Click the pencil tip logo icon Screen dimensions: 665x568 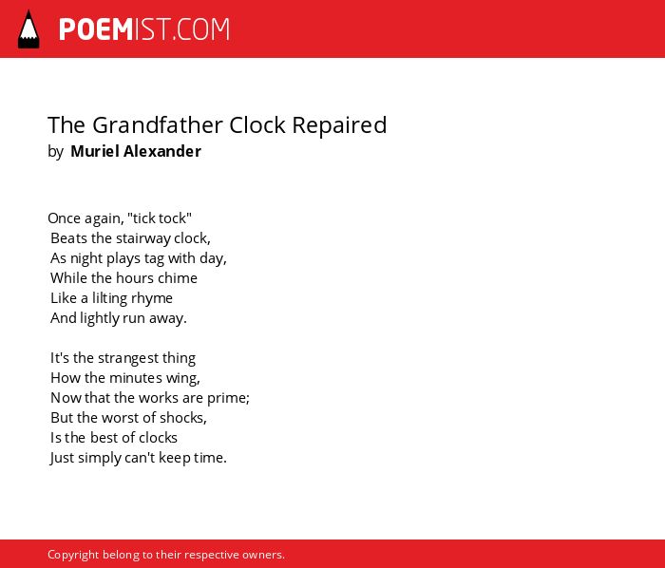point(28,29)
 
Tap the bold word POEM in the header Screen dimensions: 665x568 point(96,29)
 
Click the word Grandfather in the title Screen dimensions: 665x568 point(158,125)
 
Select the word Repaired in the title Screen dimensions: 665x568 point(339,125)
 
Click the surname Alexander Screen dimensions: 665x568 point(162,151)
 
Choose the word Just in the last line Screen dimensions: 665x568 point(63,458)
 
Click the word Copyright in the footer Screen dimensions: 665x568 point(73,556)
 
